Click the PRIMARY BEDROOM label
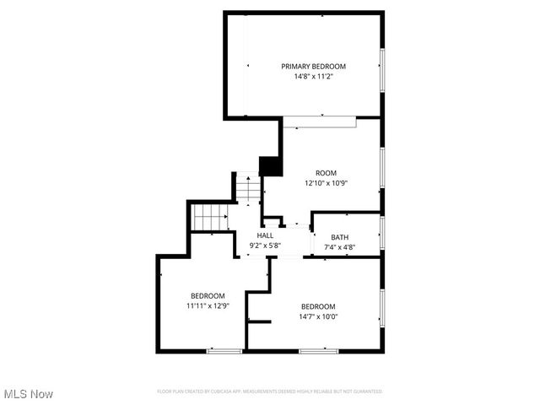coord(313,66)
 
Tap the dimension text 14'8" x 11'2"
coord(313,76)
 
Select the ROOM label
coord(314,173)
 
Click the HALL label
coord(265,235)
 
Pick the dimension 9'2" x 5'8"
coord(265,246)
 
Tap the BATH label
coord(339,237)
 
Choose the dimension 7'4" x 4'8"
coord(339,247)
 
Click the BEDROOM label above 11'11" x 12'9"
coord(208,295)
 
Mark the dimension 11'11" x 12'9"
coord(208,305)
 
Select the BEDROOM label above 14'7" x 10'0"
coord(319,306)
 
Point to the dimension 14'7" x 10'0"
coord(319,316)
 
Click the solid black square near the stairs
coord(270,166)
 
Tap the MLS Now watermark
coord(28,394)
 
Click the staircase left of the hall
coord(210,218)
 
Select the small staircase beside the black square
coord(248,188)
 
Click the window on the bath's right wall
coord(382,232)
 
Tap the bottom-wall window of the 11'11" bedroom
coord(224,350)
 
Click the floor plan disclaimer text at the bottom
coord(270,391)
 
